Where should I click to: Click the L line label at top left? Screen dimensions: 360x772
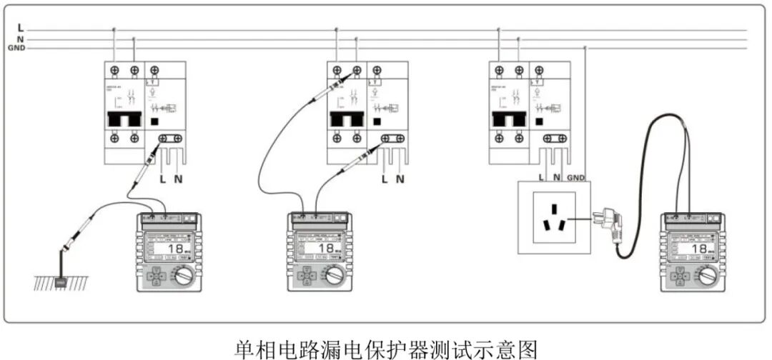point(21,27)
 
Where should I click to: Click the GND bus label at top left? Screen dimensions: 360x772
point(16,48)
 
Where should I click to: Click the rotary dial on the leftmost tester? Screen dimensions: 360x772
point(185,275)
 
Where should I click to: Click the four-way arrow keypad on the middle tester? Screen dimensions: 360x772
point(306,276)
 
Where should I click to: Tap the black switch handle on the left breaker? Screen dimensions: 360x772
point(124,119)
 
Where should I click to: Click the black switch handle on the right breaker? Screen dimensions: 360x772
point(508,119)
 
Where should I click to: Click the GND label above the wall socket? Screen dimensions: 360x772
point(577,176)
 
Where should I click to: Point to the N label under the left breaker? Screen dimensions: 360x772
point(178,178)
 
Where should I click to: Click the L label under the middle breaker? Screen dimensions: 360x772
point(385,178)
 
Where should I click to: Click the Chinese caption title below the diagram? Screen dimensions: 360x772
point(386,349)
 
